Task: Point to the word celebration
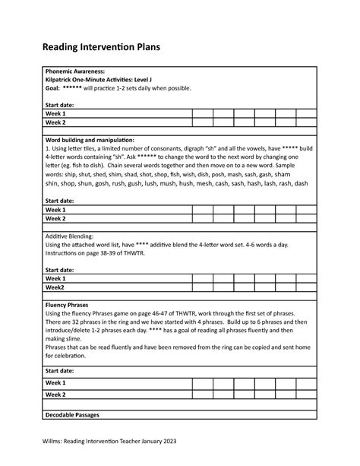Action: pyautogui.click(x=75, y=357)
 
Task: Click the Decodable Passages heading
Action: pyautogui.click(x=78, y=415)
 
